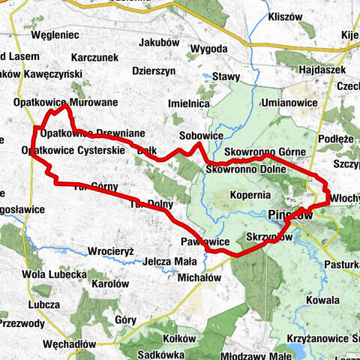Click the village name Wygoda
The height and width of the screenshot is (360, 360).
tap(209, 49)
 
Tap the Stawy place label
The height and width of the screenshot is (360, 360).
tap(226, 76)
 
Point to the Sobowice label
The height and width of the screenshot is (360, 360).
tap(201, 136)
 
